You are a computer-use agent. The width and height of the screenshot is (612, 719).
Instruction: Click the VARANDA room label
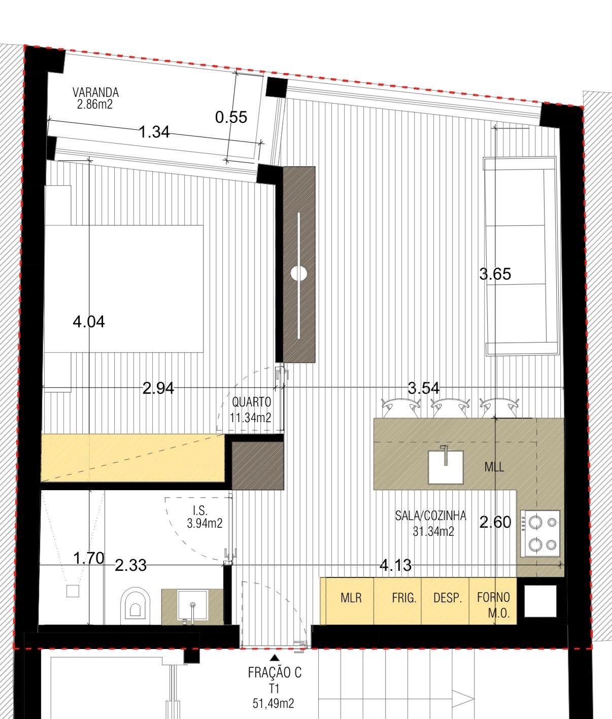(96, 92)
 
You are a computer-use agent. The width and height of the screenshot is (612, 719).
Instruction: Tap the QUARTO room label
(252, 402)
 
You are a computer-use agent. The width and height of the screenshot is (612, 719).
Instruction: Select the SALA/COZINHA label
(430, 516)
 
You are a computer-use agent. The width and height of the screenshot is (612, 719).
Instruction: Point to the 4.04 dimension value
(89, 322)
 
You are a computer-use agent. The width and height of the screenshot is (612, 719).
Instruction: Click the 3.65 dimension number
(495, 274)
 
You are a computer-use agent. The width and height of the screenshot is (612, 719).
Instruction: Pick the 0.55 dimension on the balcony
(231, 117)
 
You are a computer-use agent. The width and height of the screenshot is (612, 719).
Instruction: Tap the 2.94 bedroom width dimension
(158, 388)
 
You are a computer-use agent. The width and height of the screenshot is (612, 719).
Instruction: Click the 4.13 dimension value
(395, 565)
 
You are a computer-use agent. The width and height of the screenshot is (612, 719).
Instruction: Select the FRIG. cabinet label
(404, 598)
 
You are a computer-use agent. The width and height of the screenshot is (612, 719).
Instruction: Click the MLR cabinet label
(351, 598)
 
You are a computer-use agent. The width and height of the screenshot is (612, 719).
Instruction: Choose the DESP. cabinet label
(448, 598)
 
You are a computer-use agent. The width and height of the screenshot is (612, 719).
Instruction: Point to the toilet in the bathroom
(135, 606)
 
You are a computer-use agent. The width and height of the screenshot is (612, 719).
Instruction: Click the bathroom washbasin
(193, 606)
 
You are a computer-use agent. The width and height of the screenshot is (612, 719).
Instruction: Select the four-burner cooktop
(540, 533)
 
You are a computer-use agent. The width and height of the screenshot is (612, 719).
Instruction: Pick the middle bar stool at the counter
(450, 407)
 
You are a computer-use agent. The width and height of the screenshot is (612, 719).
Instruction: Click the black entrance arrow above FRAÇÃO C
(275, 658)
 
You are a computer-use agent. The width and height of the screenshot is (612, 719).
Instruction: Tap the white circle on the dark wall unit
(299, 273)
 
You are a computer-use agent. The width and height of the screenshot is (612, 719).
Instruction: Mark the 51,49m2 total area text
(274, 703)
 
